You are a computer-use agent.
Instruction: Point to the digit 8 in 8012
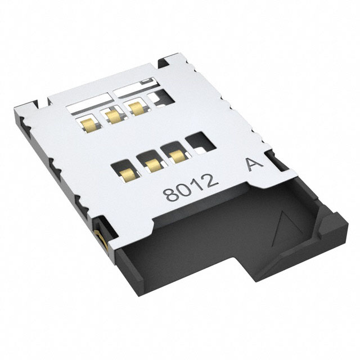[x=170, y=195]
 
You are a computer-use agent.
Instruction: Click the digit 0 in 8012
[x=183, y=190]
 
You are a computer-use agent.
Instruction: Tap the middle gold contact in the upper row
[x=113, y=116]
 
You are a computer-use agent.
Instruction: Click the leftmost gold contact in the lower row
[x=125, y=170]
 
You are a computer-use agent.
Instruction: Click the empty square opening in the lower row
[x=197, y=142]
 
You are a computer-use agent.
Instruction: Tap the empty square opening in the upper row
[x=160, y=98]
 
